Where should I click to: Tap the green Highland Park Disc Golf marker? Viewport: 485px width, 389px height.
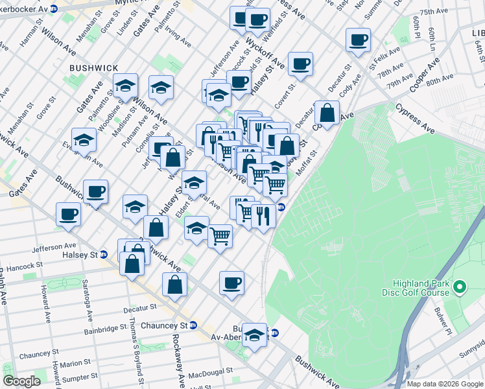click(x=460, y=287)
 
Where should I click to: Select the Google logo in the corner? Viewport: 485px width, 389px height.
click(x=21, y=381)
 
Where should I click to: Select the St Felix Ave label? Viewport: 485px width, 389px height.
click(x=382, y=62)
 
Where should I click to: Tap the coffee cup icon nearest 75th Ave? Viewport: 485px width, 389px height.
click(x=358, y=41)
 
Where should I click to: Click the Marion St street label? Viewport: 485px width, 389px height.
click(x=72, y=363)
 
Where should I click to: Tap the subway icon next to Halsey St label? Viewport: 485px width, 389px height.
click(x=103, y=254)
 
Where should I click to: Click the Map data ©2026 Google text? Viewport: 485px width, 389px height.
click(x=445, y=383)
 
